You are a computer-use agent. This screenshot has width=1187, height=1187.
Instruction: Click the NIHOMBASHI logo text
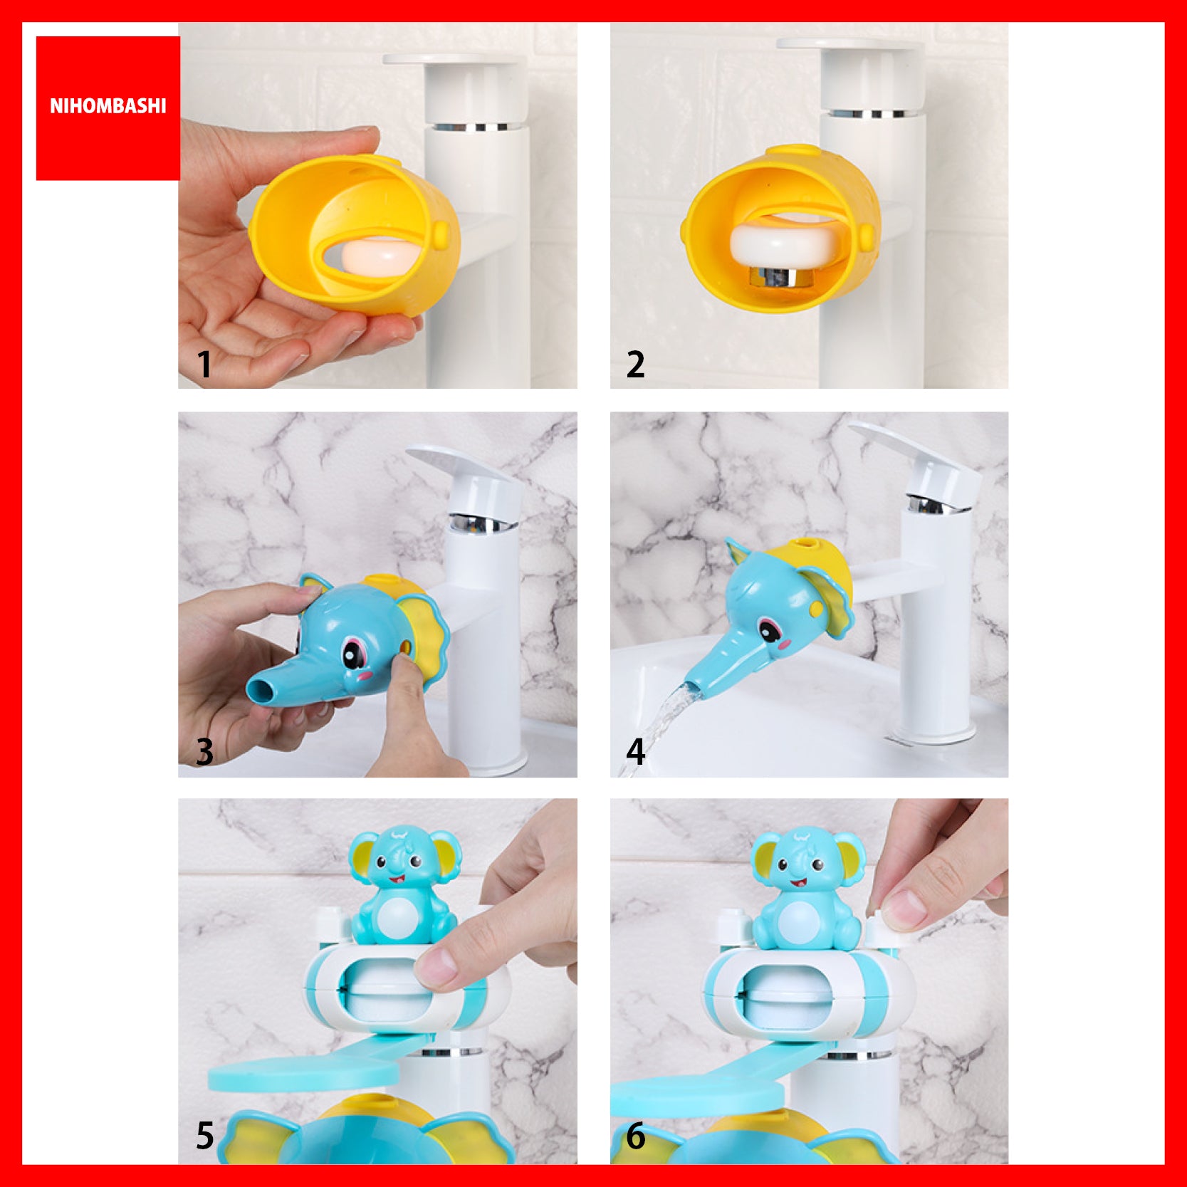click(x=108, y=106)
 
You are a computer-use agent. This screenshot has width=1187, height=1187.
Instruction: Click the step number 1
click(x=205, y=364)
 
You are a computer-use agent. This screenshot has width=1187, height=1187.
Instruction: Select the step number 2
click(x=635, y=364)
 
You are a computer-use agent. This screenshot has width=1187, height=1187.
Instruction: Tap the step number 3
click(x=204, y=752)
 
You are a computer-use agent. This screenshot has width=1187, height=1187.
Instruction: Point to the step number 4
click(x=635, y=752)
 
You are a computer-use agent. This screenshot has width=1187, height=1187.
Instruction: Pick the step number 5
click(x=205, y=1136)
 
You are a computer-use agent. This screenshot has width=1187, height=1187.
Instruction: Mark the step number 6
click(x=635, y=1136)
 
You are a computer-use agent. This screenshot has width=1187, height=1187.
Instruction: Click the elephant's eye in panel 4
click(x=768, y=630)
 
